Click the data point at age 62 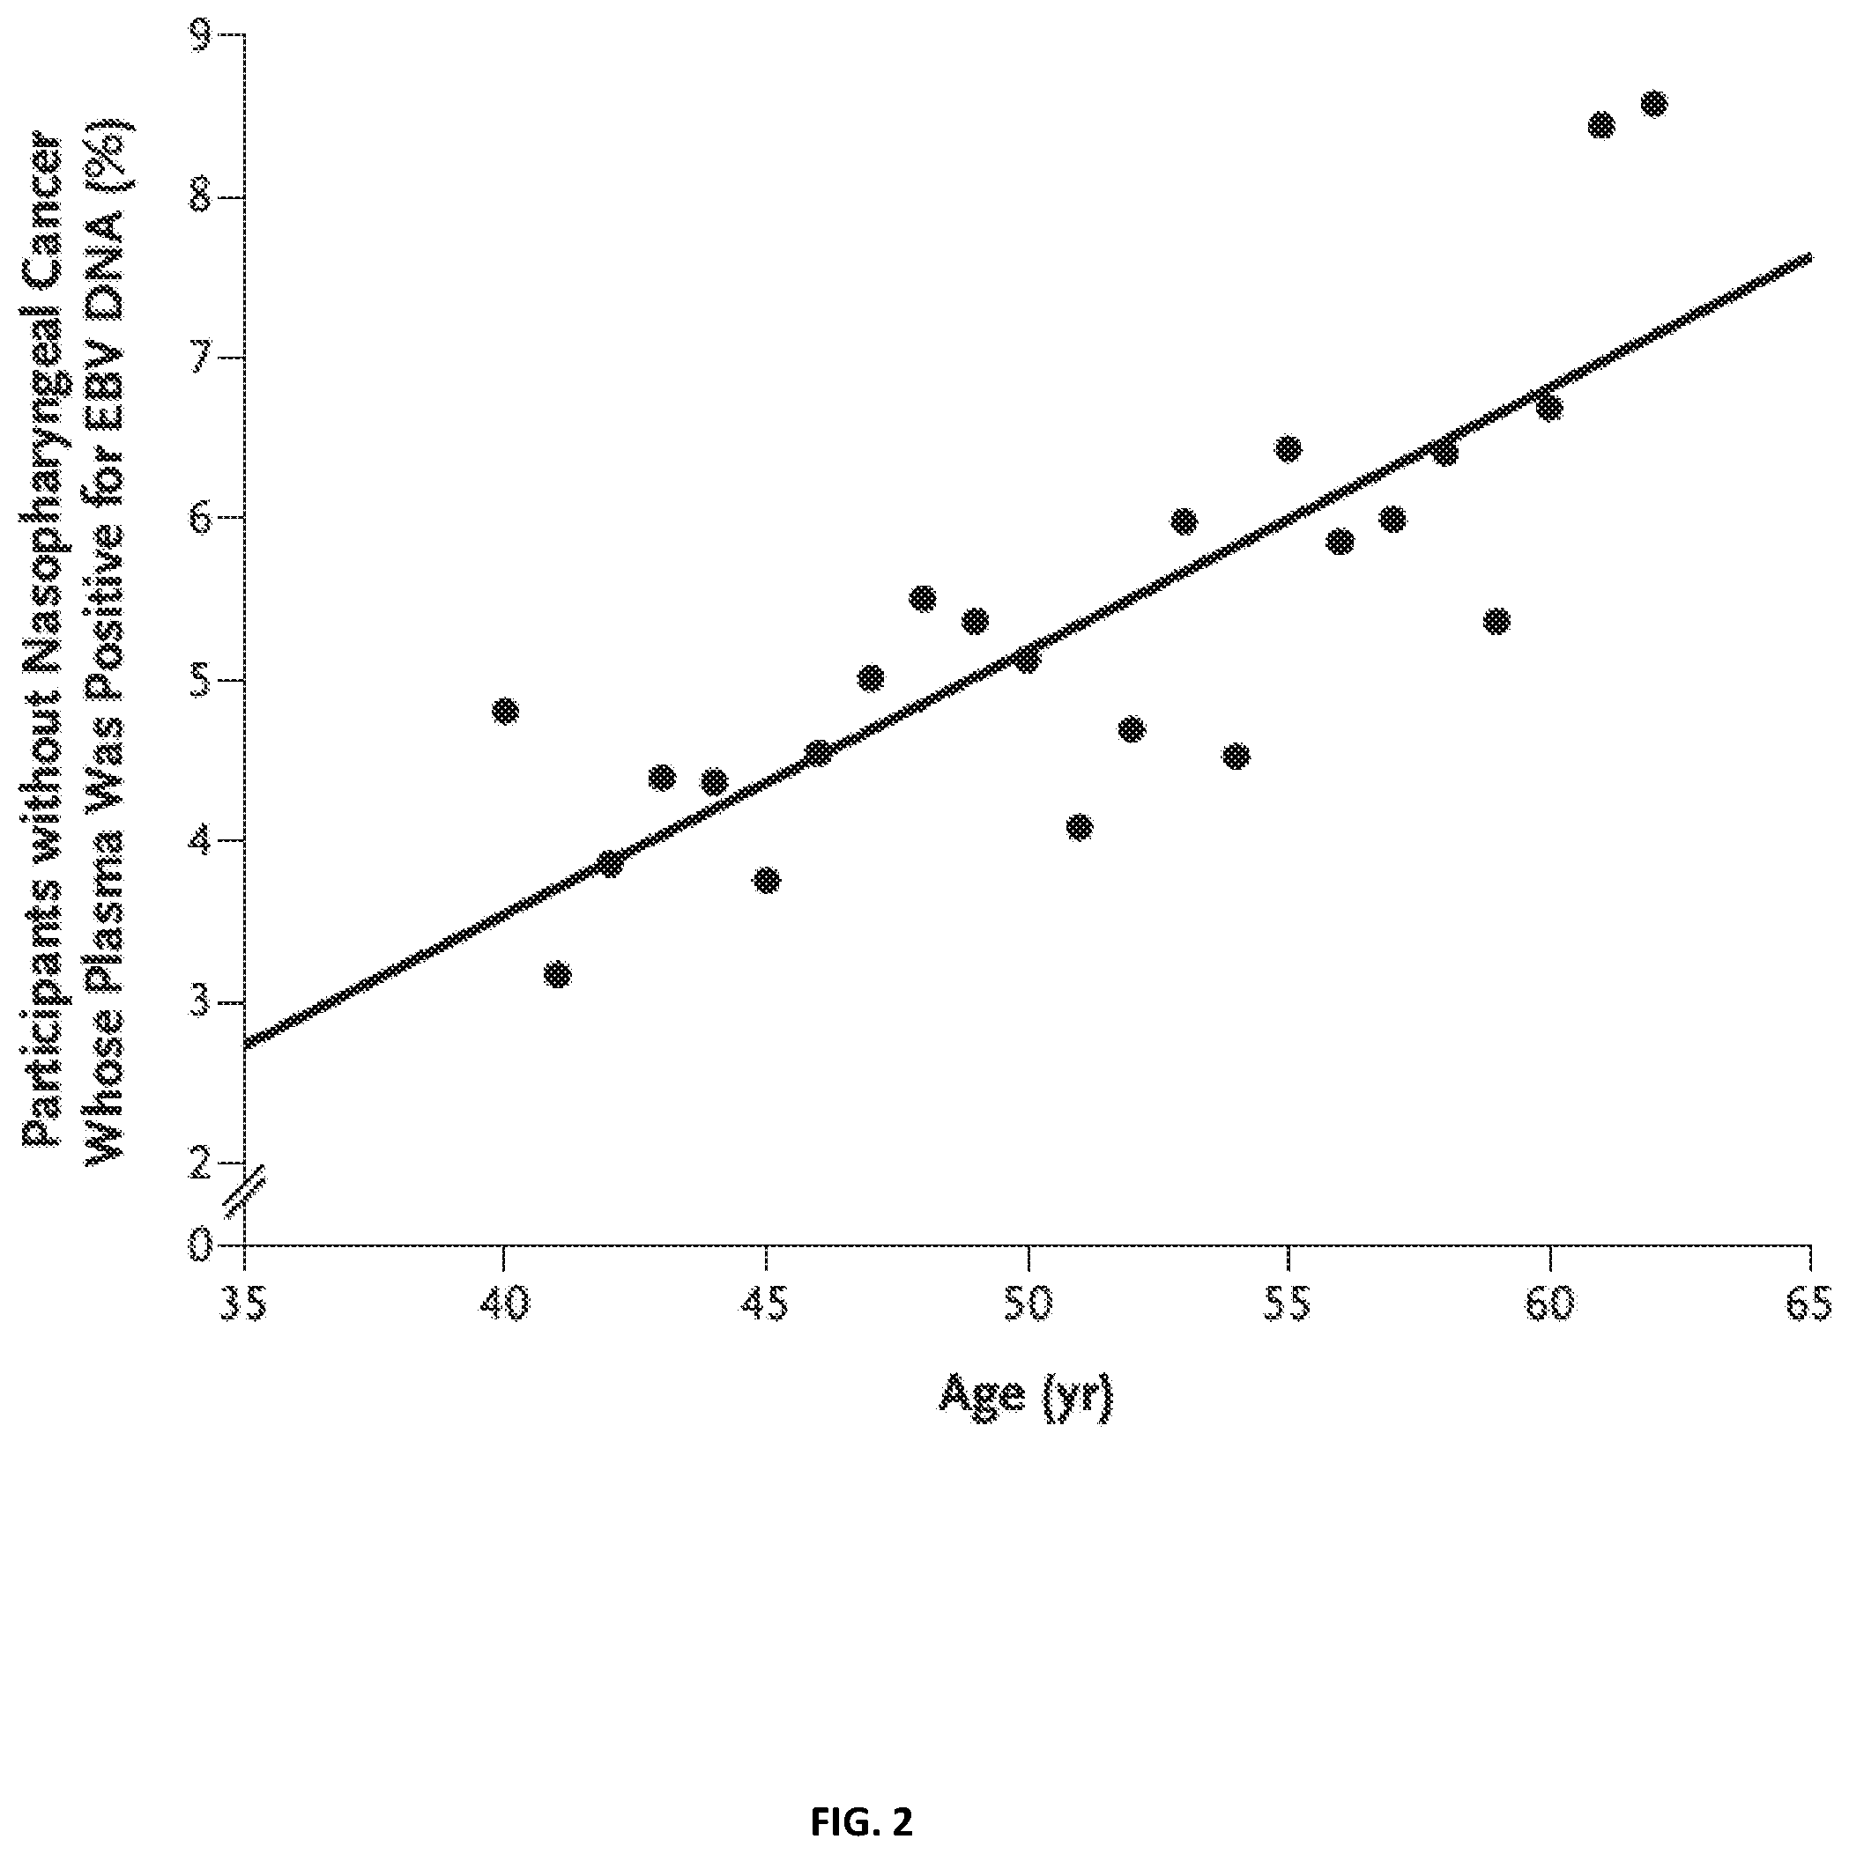(1653, 104)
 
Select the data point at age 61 (1601, 125)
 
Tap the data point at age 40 (505, 711)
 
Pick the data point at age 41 (557, 974)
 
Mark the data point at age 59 (1496, 621)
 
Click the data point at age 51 (1079, 827)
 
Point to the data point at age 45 (766, 881)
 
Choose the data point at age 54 (1236, 757)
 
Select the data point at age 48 (923, 599)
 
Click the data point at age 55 (1288, 448)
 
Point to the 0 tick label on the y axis (202, 1245)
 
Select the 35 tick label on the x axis (245, 1305)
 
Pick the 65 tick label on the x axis (1809, 1305)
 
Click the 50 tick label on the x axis (1028, 1305)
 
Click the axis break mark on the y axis (244, 1193)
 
